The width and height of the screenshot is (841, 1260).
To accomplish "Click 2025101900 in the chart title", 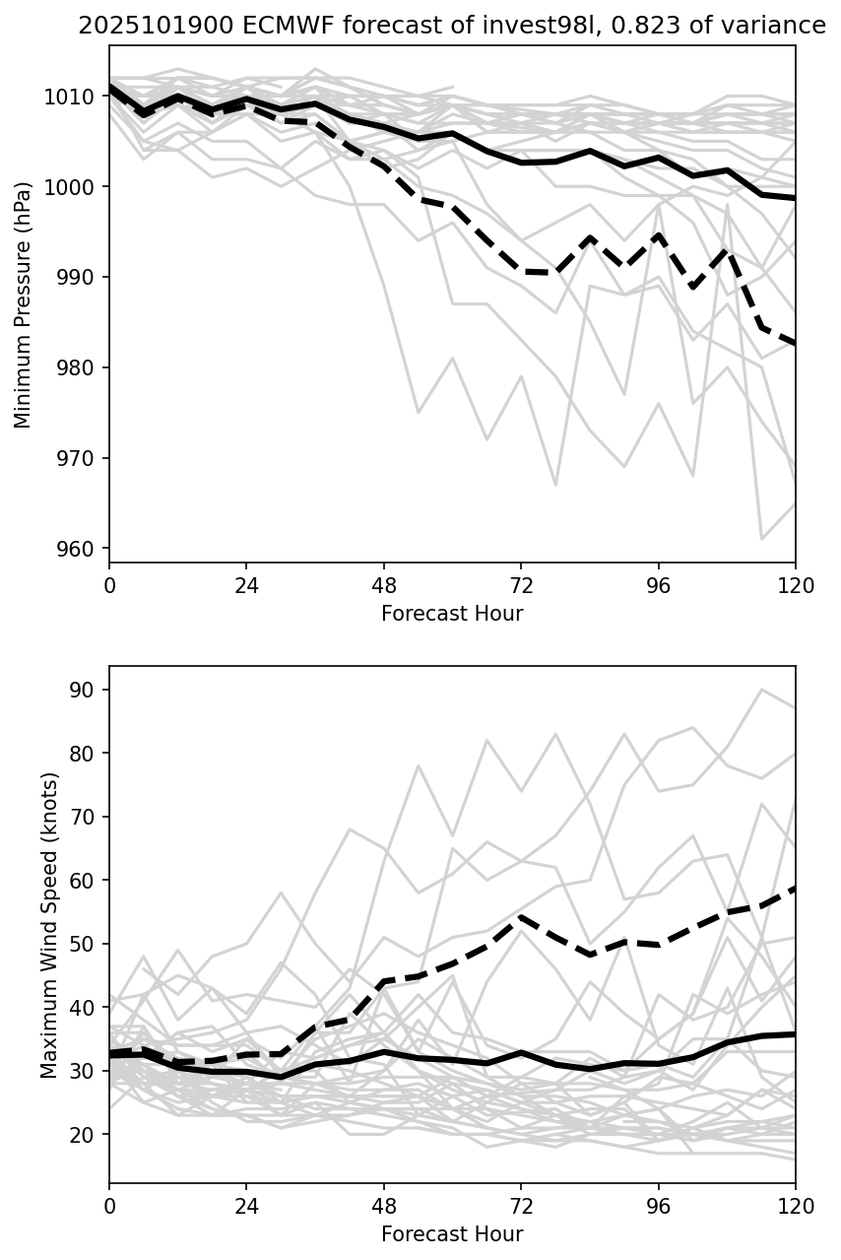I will coord(138,27).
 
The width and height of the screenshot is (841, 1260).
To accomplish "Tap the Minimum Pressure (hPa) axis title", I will coord(24,304).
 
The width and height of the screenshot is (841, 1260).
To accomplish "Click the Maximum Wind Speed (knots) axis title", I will coord(49,925).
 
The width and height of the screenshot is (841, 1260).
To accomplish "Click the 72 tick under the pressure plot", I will coord(521,585).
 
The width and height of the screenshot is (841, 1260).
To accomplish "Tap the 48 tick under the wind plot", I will coord(384,1206).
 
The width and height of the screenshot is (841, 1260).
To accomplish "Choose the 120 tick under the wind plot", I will coord(795,1206).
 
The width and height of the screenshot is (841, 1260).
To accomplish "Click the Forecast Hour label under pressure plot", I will coord(452,614).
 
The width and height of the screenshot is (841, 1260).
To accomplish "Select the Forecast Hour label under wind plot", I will coord(452,1234).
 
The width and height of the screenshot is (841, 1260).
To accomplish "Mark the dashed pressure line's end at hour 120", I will coord(795,344).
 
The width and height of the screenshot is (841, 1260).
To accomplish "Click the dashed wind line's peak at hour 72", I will coord(521,916).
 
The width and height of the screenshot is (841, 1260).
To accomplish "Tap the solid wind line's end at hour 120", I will coord(795,1034).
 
